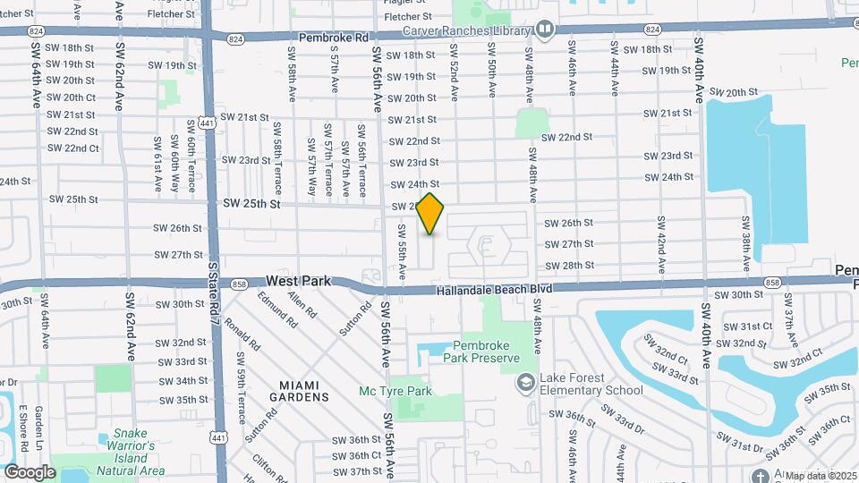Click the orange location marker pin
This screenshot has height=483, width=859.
430,214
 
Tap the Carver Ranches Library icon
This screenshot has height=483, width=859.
545,30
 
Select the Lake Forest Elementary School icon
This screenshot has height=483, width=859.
526,382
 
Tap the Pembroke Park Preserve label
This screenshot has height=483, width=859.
486,352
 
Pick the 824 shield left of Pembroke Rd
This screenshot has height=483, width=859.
235,39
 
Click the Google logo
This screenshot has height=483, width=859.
30,471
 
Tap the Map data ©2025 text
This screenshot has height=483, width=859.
821,476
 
